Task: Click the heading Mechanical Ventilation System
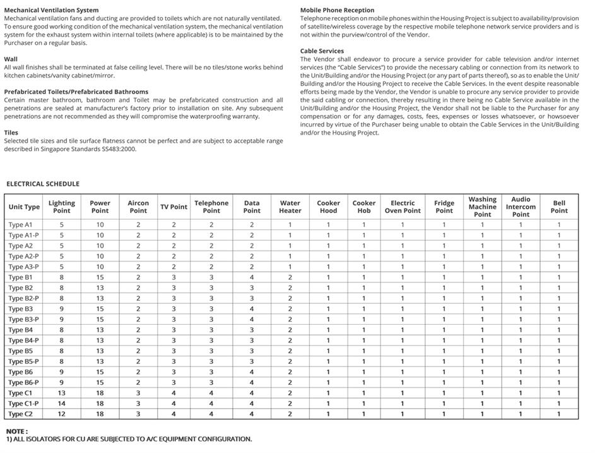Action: (x=51, y=10)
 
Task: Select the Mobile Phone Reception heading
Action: (x=337, y=10)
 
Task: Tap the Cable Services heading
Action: (x=322, y=51)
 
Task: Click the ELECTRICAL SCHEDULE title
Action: (x=43, y=184)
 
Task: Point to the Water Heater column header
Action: (x=290, y=207)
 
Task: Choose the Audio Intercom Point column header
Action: (x=521, y=207)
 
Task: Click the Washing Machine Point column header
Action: (x=482, y=207)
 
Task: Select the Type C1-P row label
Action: (x=23, y=403)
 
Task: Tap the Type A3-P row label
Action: (x=23, y=267)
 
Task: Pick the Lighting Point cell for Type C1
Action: (x=62, y=393)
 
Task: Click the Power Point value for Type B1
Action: (x=100, y=277)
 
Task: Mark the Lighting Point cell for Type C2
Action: (x=62, y=414)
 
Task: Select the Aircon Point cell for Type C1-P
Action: (x=138, y=403)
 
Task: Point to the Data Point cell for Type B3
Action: (x=251, y=309)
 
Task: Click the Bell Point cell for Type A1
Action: (x=558, y=225)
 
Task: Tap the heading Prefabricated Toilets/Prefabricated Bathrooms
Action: (x=76, y=92)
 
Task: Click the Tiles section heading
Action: (x=11, y=133)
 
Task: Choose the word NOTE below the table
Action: (x=16, y=431)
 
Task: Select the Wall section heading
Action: (x=11, y=59)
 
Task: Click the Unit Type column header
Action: (x=24, y=207)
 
